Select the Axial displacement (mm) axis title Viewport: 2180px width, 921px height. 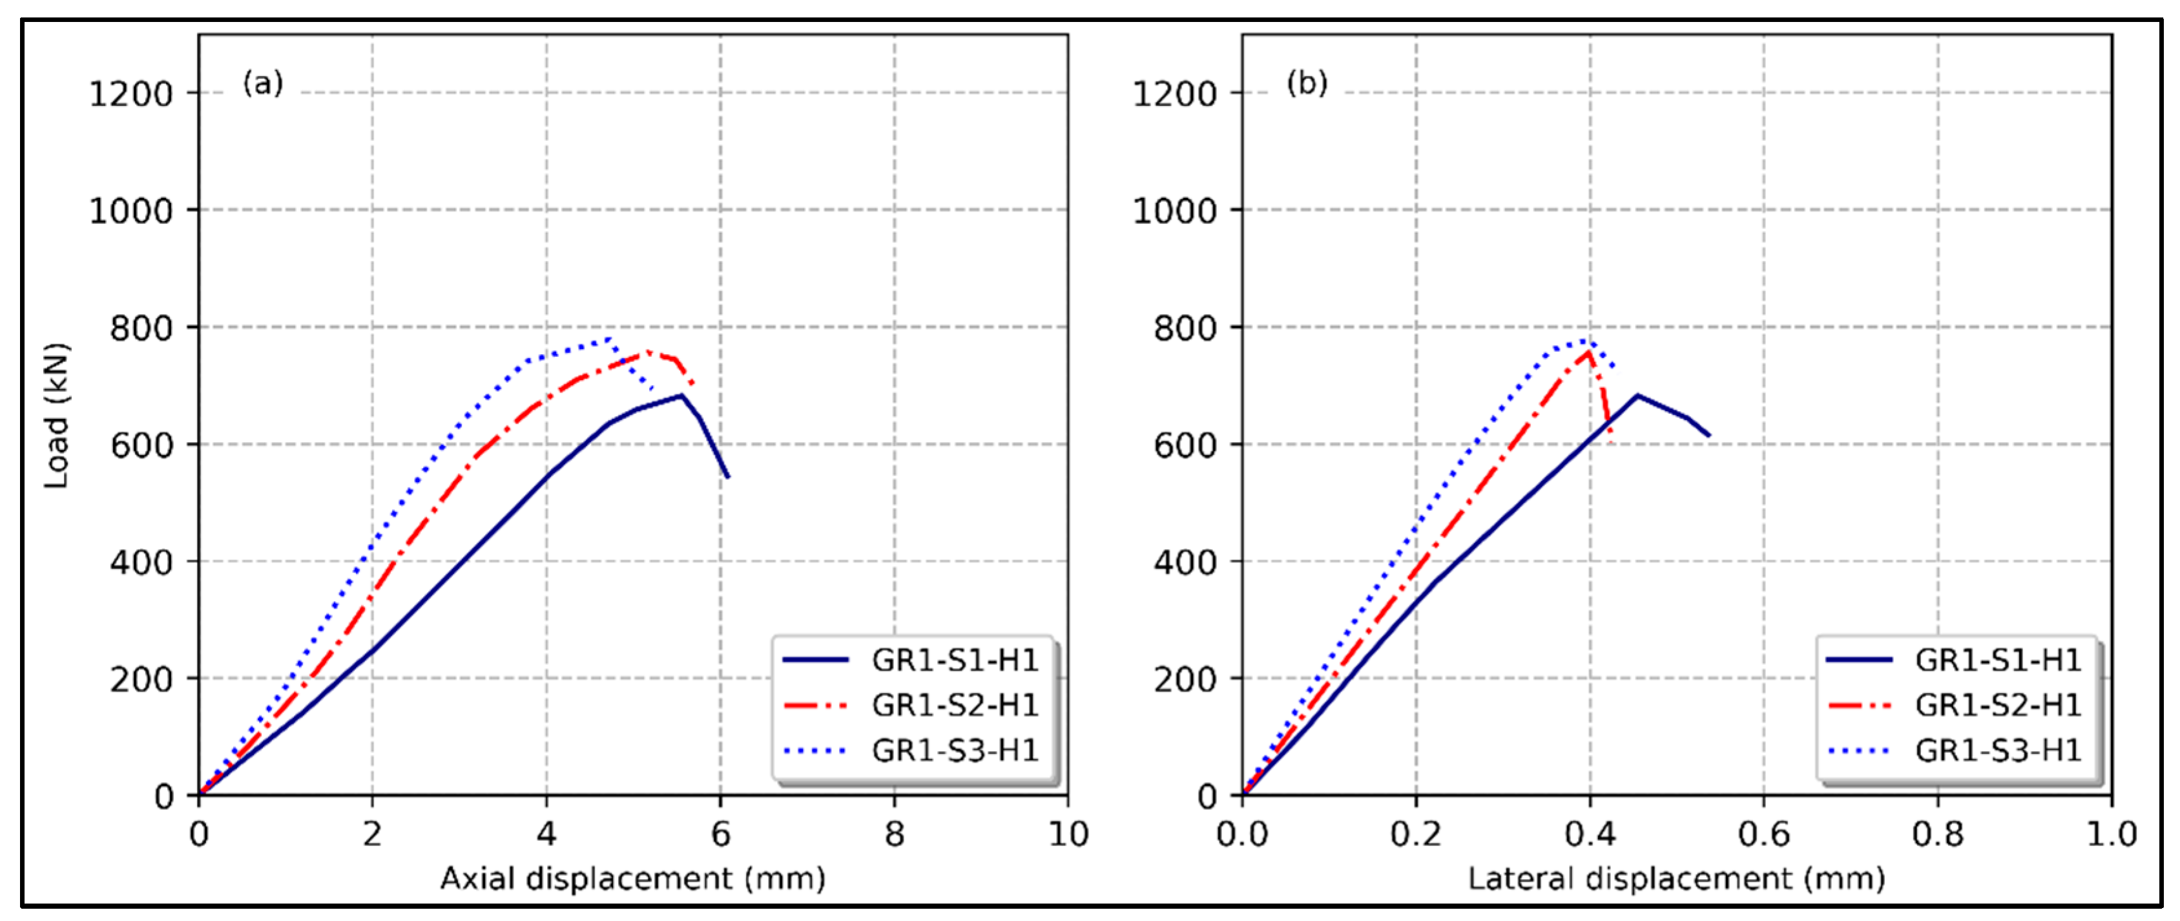[x=632, y=879]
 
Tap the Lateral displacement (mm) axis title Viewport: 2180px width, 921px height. [x=1676, y=879]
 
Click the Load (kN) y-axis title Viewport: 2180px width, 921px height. [x=57, y=415]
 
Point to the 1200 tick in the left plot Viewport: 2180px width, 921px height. [x=131, y=94]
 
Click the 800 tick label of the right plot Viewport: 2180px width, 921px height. [x=1185, y=328]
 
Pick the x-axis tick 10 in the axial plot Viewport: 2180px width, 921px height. [x=1068, y=834]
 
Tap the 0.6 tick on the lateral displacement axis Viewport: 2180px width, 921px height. [x=1763, y=834]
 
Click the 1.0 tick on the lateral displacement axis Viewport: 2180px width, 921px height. [x=2112, y=834]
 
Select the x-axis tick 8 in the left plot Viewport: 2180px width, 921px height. [x=895, y=834]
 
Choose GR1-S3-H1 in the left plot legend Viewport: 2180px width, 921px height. [x=955, y=750]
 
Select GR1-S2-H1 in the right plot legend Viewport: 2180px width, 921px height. [x=1997, y=705]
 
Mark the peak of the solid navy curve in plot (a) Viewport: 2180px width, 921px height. [x=681, y=396]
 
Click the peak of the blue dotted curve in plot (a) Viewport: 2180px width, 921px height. [x=609, y=339]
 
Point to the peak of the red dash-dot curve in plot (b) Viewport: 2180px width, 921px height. [x=1588, y=352]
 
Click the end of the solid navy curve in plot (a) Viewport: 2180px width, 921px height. [x=728, y=476]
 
